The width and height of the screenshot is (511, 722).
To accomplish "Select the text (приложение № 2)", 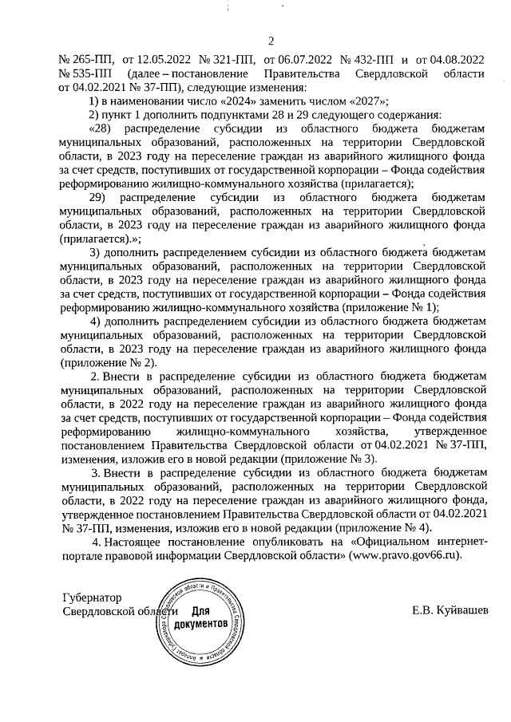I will pos(106,361).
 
